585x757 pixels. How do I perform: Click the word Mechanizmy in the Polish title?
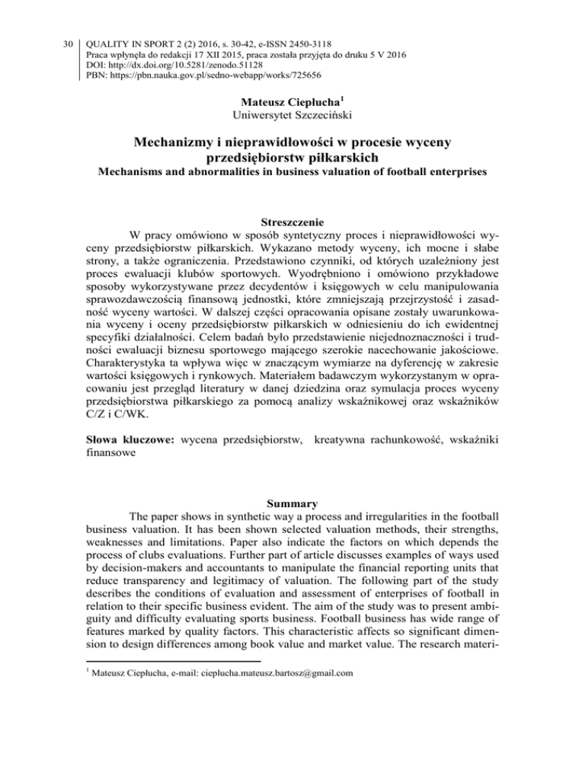(181, 142)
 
